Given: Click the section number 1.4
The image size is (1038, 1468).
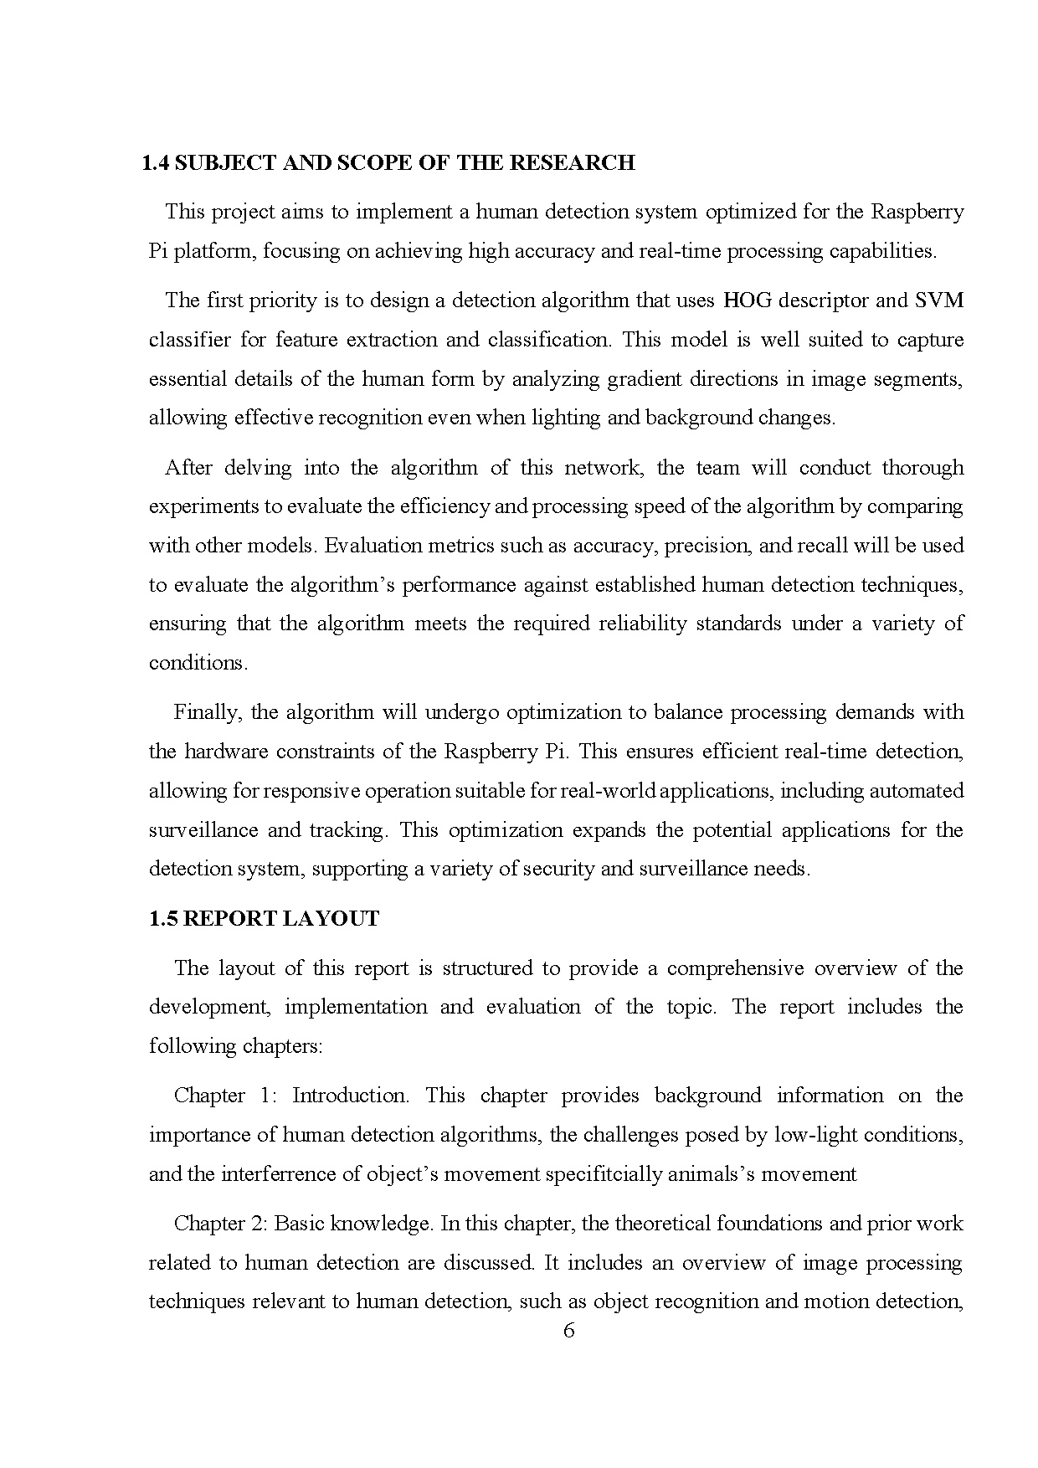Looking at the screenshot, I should point(156,163).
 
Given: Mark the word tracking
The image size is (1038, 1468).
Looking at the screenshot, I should point(347,830).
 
